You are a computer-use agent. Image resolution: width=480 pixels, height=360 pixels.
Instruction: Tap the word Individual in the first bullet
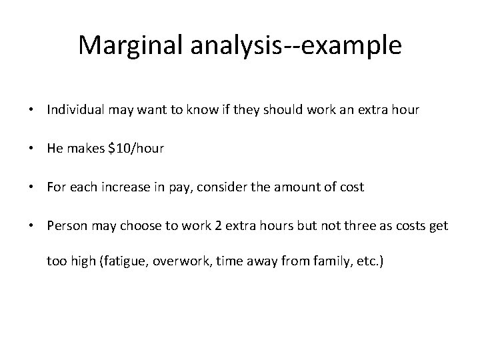coord(73,110)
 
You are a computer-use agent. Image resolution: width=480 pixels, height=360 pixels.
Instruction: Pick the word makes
coord(83,149)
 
